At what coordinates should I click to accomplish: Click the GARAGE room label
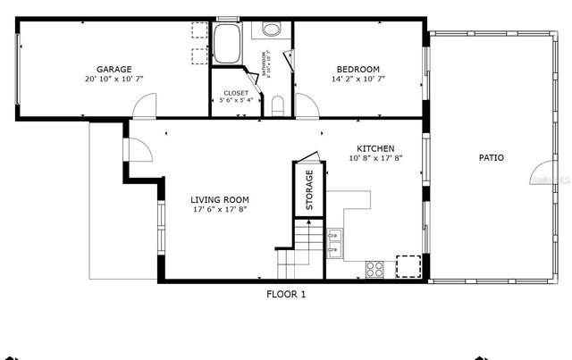[x=114, y=69]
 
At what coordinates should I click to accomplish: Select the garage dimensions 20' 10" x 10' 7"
[x=114, y=80]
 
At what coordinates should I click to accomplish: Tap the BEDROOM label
[x=358, y=70]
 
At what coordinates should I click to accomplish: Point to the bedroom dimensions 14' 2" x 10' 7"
[x=358, y=80]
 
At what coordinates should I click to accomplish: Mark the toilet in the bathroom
[x=277, y=108]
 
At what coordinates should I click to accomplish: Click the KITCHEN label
[x=375, y=148]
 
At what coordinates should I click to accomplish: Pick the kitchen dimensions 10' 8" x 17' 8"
[x=375, y=159]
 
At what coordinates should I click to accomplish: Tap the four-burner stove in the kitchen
[x=375, y=266]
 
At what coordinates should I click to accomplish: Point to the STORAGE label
[x=309, y=189]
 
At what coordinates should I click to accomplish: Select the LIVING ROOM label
[x=220, y=199]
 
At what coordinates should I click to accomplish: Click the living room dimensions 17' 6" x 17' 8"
[x=220, y=210]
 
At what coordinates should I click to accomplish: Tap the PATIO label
[x=491, y=158]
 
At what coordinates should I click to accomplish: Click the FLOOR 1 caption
[x=286, y=294]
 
